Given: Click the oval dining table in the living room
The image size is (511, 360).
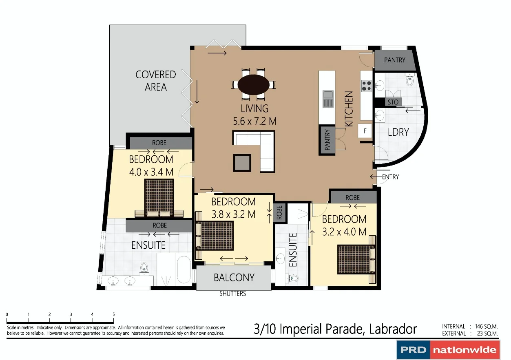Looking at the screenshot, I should coord(253,85).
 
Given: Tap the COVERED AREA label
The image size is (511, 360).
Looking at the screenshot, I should coord(156,81).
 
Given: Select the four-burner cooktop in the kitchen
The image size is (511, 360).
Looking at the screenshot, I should coord(366,86).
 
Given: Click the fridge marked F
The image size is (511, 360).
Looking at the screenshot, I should coord(365,131).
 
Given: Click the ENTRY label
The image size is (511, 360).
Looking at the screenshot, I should coord(390,177).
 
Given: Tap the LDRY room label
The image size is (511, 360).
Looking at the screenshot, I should coord(398,132).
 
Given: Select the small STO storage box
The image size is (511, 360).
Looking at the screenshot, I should coord(393,102).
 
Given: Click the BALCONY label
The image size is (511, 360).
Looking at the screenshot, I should coord(234,278).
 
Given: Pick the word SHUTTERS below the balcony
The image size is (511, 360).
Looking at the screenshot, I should coord(233,294).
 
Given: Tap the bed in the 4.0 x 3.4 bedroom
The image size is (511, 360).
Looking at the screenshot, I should coord(159,199).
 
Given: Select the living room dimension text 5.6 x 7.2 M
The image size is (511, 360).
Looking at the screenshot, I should coord(254,121).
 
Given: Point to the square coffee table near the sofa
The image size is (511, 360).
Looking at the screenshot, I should coord(242,163).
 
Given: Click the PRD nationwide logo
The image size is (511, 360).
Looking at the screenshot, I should coord(448,350).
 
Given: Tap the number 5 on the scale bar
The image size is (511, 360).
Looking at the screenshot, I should coord(113,314).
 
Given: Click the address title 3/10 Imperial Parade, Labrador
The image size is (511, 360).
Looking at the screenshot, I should coord(335,329).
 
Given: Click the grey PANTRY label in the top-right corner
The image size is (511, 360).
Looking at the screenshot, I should coord(395,60).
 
